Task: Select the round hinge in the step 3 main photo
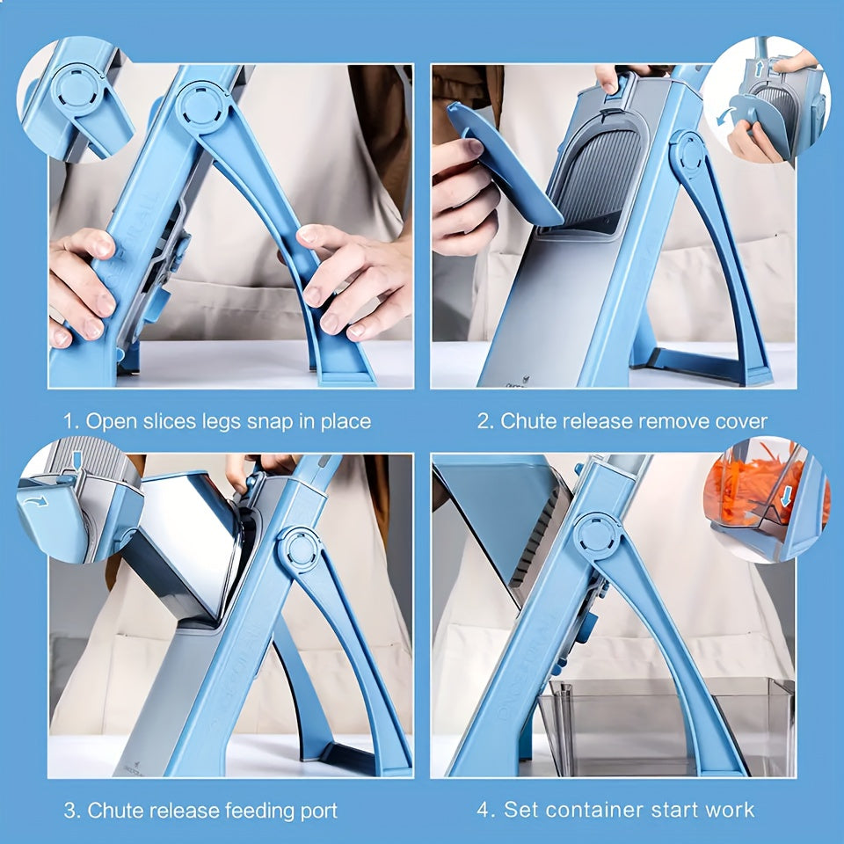click(302, 551)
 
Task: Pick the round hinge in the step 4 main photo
click(594, 534)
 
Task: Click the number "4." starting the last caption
click(485, 810)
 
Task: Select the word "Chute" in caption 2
click(528, 421)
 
